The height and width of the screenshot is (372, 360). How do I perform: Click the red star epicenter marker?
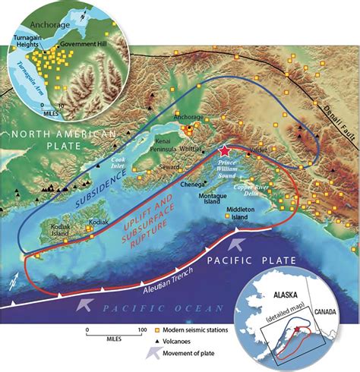coord(224,151)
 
